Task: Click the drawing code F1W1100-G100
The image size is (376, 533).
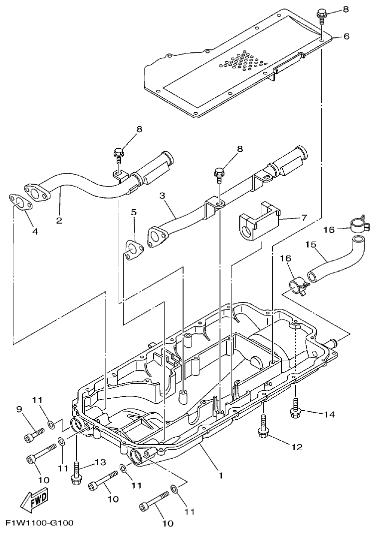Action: coord(39,523)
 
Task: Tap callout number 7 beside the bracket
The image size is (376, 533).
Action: coord(303,218)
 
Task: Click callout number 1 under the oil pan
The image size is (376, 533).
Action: coord(220,476)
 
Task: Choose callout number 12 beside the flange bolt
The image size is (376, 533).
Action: coord(297,447)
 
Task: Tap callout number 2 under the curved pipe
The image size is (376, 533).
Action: coord(59,220)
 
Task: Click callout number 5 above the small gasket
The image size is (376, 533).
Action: coord(133,212)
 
